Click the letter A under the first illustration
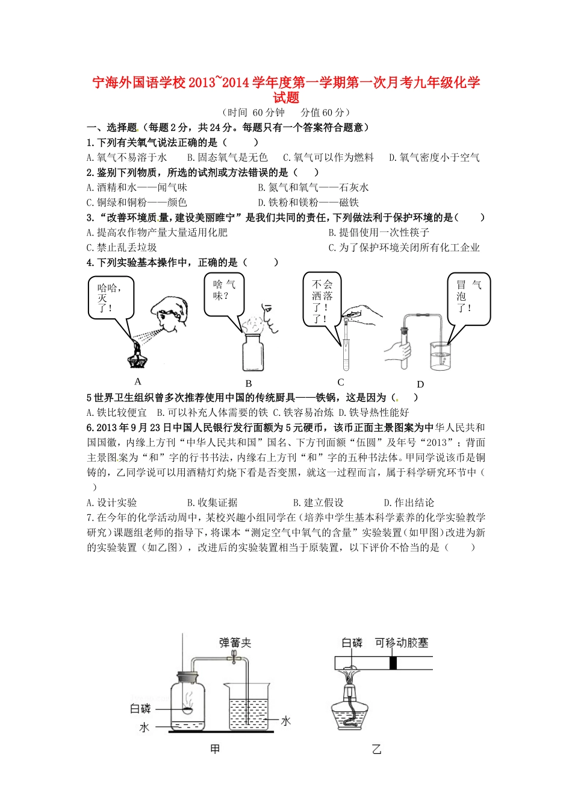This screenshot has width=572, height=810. (138, 381)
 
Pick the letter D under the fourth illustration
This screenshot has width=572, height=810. (420, 384)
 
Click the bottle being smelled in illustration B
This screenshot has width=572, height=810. (253, 353)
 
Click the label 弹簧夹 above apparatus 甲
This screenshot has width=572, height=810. (235, 643)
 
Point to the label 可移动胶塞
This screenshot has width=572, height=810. (401, 642)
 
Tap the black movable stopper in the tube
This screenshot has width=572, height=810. (393, 663)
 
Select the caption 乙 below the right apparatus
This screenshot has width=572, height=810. (376, 749)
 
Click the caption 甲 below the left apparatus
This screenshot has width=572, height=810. (215, 749)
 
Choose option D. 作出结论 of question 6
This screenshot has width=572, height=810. (409, 503)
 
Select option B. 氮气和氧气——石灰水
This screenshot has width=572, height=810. (313, 187)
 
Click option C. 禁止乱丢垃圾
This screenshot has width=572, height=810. (122, 248)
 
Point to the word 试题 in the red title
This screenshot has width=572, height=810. (286, 98)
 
